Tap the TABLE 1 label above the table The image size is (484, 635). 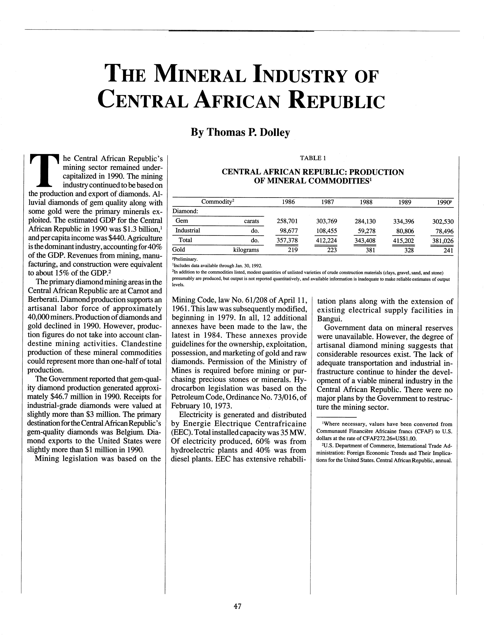[313, 158]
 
